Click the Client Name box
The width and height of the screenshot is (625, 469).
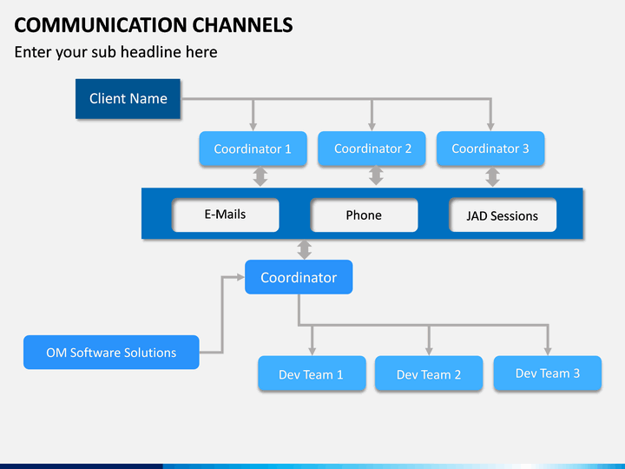pyautogui.click(x=128, y=98)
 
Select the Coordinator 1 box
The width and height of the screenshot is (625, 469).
pyautogui.click(x=253, y=149)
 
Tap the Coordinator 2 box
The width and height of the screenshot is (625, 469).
pyautogui.click(x=372, y=149)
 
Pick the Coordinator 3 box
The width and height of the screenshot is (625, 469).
pyautogui.click(x=490, y=149)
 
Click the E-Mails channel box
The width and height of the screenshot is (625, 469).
pyautogui.click(x=226, y=215)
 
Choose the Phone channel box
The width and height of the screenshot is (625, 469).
pyautogui.click(x=364, y=215)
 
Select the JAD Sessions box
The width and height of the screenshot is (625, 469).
pyautogui.click(x=503, y=216)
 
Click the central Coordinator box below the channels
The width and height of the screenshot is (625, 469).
pyautogui.click(x=299, y=277)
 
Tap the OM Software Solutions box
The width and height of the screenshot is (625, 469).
pyautogui.click(x=111, y=353)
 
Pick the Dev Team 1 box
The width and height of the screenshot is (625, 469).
pyautogui.click(x=312, y=374)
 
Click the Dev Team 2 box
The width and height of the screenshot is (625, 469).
pyautogui.click(x=429, y=374)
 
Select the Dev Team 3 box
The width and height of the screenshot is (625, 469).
pyautogui.click(x=548, y=373)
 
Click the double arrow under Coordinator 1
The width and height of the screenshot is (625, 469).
pyautogui.click(x=260, y=176)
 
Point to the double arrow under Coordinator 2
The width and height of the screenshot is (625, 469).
pyautogui.click(x=376, y=176)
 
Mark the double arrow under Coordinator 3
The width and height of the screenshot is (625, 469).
pyautogui.click(x=492, y=176)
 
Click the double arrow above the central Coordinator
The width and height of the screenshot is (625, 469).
pyautogui.click(x=304, y=249)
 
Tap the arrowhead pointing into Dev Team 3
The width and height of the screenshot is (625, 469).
pyautogui.click(x=548, y=350)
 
